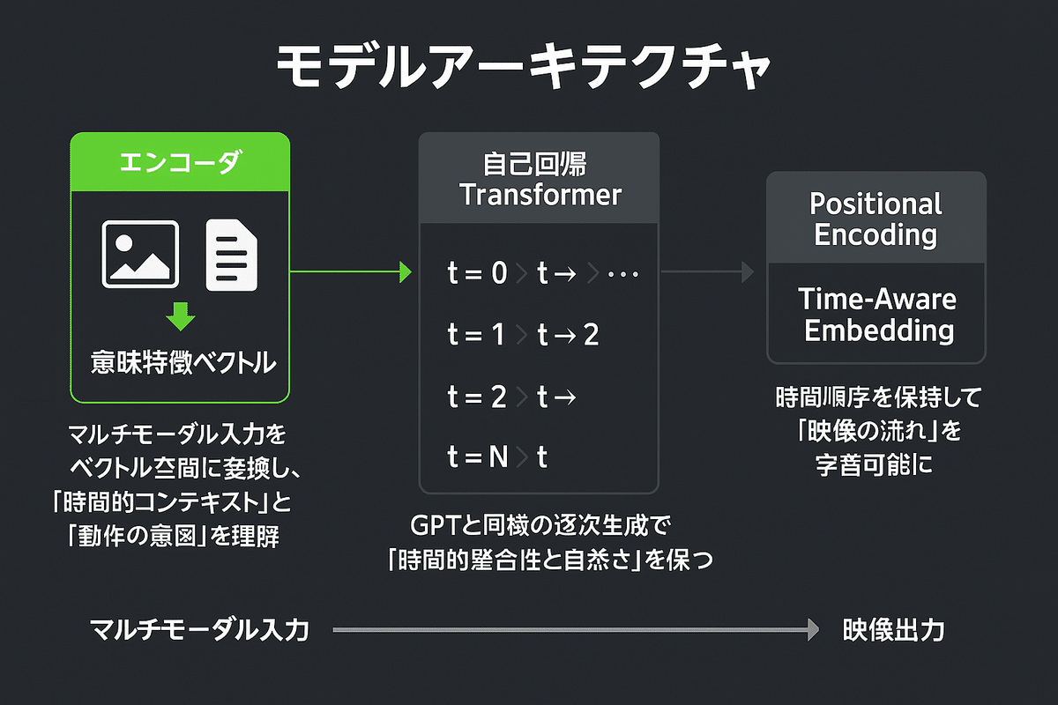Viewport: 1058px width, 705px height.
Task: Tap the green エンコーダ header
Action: pyautogui.click(x=180, y=162)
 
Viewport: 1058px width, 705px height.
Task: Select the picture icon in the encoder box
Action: pyautogui.click(x=140, y=254)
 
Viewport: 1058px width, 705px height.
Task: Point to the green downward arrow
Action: pyautogui.click(x=181, y=315)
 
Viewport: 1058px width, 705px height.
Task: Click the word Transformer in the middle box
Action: pyautogui.click(x=540, y=195)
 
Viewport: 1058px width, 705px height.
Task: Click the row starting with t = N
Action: pyautogui.click(x=497, y=458)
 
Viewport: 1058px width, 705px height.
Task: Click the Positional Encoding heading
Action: pyautogui.click(x=875, y=219)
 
